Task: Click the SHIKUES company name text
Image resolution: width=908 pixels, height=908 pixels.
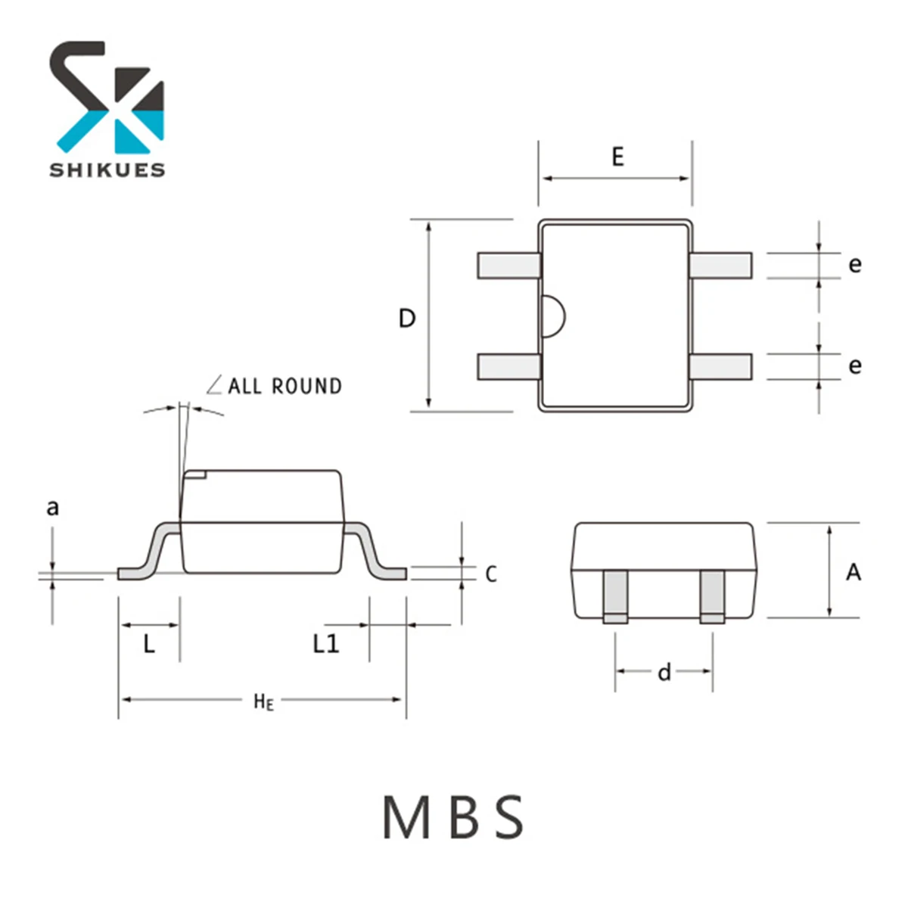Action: (x=107, y=169)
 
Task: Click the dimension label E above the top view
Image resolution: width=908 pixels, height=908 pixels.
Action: (x=617, y=157)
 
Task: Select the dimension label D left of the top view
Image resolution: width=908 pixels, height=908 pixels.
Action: (x=407, y=319)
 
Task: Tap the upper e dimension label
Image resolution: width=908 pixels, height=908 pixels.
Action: (x=854, y=265)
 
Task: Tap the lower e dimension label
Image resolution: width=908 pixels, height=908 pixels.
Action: (x=854, y=366)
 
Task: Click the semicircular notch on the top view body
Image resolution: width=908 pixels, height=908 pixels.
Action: (x=552, y=316)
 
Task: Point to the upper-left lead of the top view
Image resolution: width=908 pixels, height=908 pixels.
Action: (x=508, y=266)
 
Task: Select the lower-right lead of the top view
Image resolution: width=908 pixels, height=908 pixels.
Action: (x=720, y=367)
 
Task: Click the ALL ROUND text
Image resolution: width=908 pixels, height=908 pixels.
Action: (x=285, y=387)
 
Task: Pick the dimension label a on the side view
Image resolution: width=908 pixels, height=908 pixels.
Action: (x=52, y=507)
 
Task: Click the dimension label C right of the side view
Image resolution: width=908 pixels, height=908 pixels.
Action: (x=491, y=574)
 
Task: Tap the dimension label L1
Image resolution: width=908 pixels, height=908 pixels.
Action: (x=326, y=644)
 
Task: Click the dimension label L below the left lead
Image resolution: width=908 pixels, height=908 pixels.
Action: (x=149, y=645)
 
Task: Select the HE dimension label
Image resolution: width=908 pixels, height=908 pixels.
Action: (x=263, y=701)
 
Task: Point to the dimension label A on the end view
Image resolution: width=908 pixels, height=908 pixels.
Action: (x=854, y=572)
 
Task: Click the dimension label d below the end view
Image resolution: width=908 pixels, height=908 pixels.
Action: (x=664, y=672)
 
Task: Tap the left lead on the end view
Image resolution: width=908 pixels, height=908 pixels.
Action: (x=615, y=596)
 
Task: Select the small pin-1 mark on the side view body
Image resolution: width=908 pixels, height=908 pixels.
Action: (x=197, y=475)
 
